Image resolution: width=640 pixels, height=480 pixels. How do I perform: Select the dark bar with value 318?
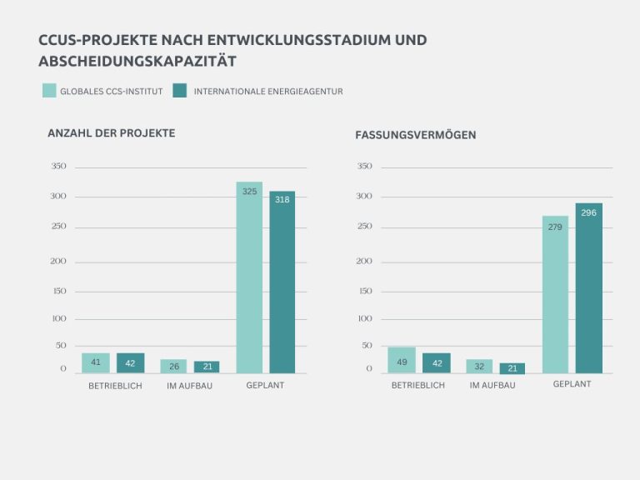pos(282,282)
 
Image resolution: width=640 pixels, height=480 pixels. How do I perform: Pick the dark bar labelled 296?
pos(588,287)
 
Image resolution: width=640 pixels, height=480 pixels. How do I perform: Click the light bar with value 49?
pos(402,360)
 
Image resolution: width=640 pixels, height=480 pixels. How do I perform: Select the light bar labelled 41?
pos(96,362)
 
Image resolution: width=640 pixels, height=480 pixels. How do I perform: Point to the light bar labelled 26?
pos(173,366)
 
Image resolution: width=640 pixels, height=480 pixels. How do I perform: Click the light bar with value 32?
pos(479,366)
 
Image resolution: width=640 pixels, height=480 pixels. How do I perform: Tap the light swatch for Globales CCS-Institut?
pos(49,91)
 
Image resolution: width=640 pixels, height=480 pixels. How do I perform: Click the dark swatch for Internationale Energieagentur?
pos(179,91)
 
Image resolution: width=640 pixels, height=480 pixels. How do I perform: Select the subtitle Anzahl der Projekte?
pos(111,133)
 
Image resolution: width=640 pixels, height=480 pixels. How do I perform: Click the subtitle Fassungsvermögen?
pos(415,134)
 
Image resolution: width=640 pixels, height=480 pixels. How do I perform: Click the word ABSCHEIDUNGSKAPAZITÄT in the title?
pos(137,62)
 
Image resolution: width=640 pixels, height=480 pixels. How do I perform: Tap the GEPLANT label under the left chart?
pos(265,386)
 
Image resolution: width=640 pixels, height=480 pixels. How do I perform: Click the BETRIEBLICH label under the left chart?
pos(115,386)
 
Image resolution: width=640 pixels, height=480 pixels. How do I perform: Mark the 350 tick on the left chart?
pos(58,167)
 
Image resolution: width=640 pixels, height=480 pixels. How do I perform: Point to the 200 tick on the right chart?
pos(364,262)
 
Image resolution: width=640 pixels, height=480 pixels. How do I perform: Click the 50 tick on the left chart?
pos(60,345)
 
